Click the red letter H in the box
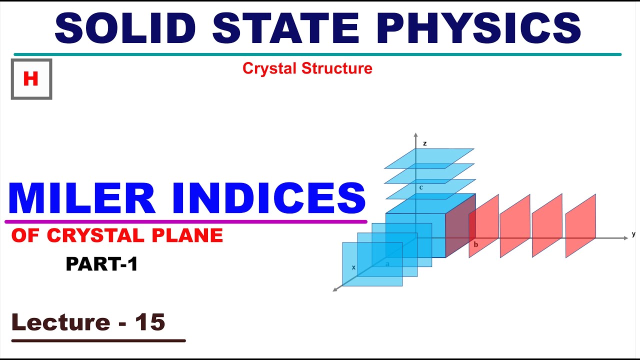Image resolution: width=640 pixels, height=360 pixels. pyautogui.click(x=31, y=79)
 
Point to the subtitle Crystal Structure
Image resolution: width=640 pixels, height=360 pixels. pyautogui.click(x=307, y=68)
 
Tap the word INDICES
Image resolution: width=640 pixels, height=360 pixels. pyautogui.click(x=265, y=199)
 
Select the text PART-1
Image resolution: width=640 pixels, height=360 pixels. pyautogui.click(x=101, y=264)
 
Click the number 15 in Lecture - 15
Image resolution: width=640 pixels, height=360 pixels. pyautogui.click(x=150, y=322)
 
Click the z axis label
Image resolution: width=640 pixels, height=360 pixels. pyautogui.click(x=424, y=143)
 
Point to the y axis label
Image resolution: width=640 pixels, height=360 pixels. pyautogui.click(x=633, y=233)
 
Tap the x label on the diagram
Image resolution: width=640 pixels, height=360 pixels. pyautogui.click(x=353, y=267)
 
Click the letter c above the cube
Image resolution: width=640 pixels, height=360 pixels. pyautogui.click(x=421, y=187)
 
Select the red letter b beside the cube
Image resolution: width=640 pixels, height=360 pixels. pyautogui.click(x=475, y=244)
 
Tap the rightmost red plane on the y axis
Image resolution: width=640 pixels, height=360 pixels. pyautogui.click(x=580, y=226)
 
